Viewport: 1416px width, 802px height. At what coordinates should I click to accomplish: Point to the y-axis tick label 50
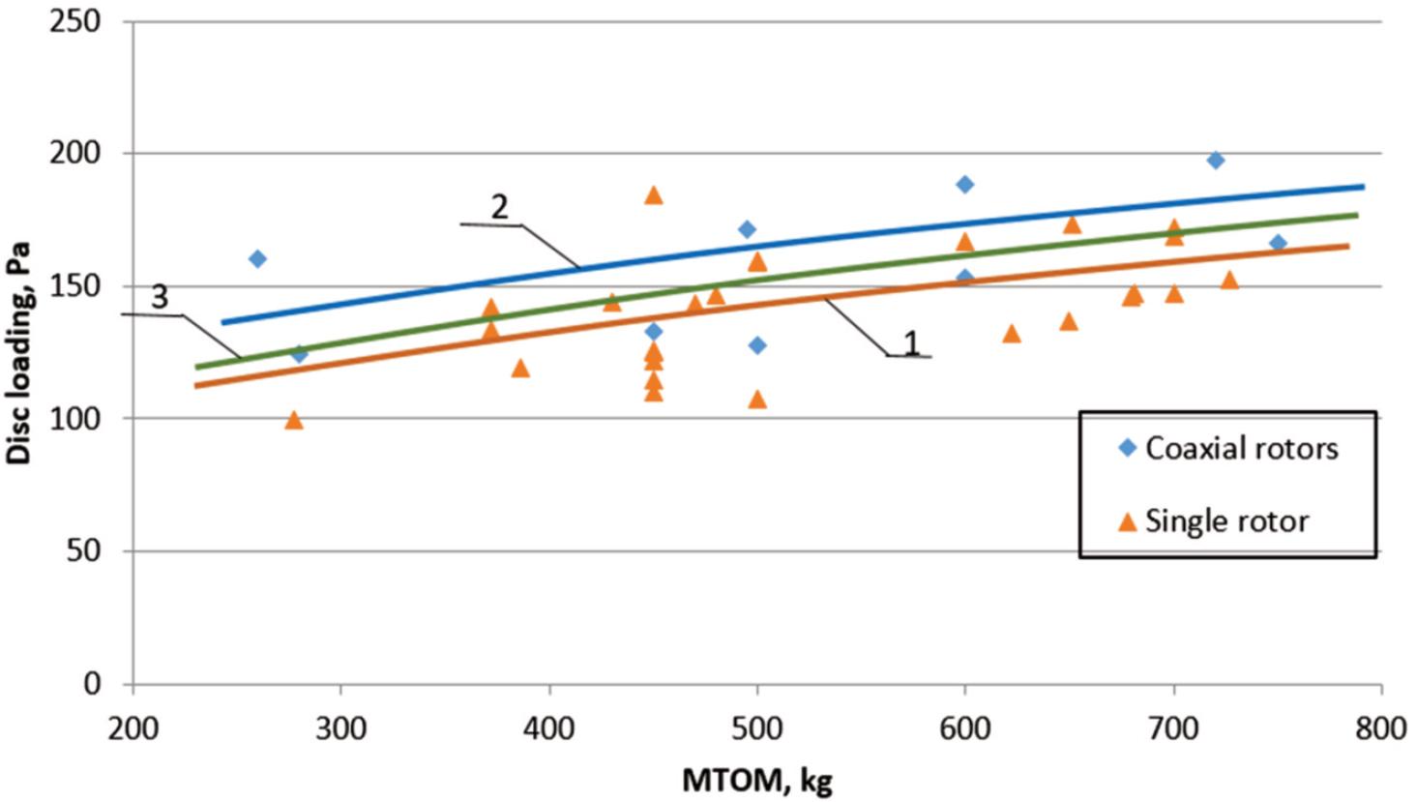[84, 551]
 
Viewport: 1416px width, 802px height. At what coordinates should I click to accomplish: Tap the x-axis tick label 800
[1380, 728]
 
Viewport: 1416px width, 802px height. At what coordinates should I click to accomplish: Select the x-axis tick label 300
[340, 728]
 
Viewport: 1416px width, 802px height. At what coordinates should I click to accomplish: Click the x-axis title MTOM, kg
[757, 780]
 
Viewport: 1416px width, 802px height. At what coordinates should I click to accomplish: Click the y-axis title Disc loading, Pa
[21, 353]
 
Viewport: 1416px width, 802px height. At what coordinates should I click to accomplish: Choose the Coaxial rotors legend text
[1242, 449]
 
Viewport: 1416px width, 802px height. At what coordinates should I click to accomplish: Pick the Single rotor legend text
[1226, 521]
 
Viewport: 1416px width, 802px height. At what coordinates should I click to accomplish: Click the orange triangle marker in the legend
[1127, 522]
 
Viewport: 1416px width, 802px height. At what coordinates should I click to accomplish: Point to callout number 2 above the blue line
[499, 206]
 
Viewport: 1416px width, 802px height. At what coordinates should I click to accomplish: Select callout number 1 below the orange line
[910, 342]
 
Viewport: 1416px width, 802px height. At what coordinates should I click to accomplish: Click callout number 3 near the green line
[159, 298]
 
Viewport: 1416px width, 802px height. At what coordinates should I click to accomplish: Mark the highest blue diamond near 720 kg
[1216, 160]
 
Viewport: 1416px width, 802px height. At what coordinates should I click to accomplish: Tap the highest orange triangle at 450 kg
[654, 195]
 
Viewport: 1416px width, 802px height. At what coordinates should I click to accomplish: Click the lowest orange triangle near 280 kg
[294, 420]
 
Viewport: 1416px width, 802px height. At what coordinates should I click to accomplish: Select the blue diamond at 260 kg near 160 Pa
[257, 258]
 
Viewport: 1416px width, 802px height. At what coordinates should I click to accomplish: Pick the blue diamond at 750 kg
[1278, 243]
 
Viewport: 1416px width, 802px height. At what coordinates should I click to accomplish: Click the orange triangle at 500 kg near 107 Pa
[757, 400]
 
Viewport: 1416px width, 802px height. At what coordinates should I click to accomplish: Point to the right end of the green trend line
[1357, 215]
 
